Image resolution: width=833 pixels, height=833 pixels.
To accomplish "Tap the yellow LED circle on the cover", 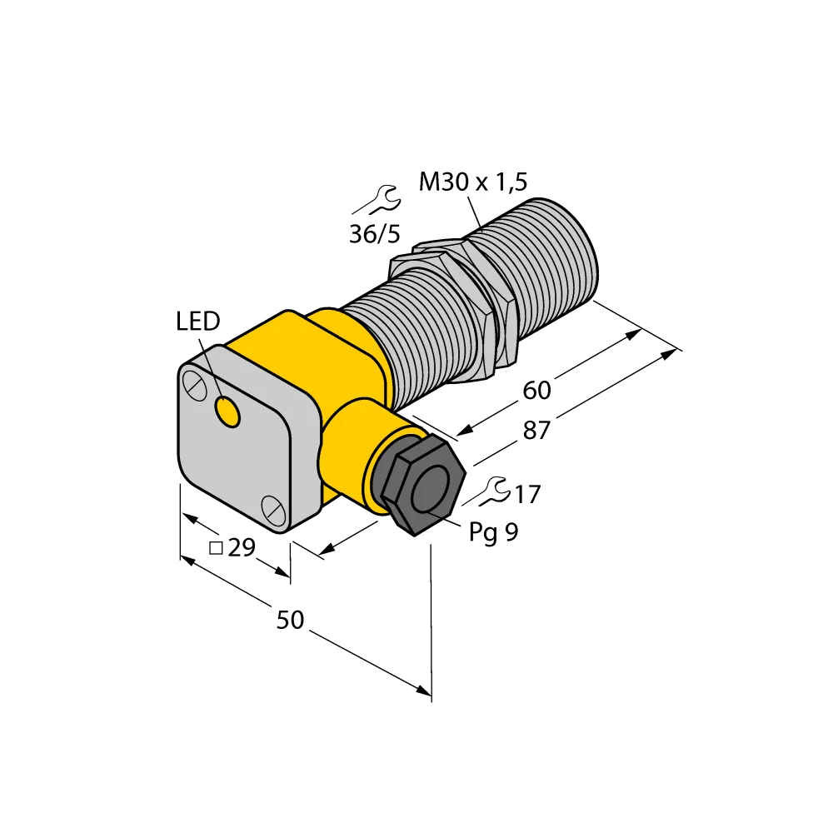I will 226,411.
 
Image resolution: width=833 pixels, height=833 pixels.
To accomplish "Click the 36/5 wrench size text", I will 374,234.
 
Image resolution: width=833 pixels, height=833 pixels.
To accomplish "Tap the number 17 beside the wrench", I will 526,496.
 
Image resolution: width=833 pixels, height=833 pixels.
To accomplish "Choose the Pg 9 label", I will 493,532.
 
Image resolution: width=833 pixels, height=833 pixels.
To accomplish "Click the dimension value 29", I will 241,548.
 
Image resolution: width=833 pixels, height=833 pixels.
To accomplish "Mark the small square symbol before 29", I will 215,548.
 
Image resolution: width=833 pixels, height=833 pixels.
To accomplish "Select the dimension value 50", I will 291,620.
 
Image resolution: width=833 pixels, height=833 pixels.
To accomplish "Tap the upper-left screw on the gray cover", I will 192,385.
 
